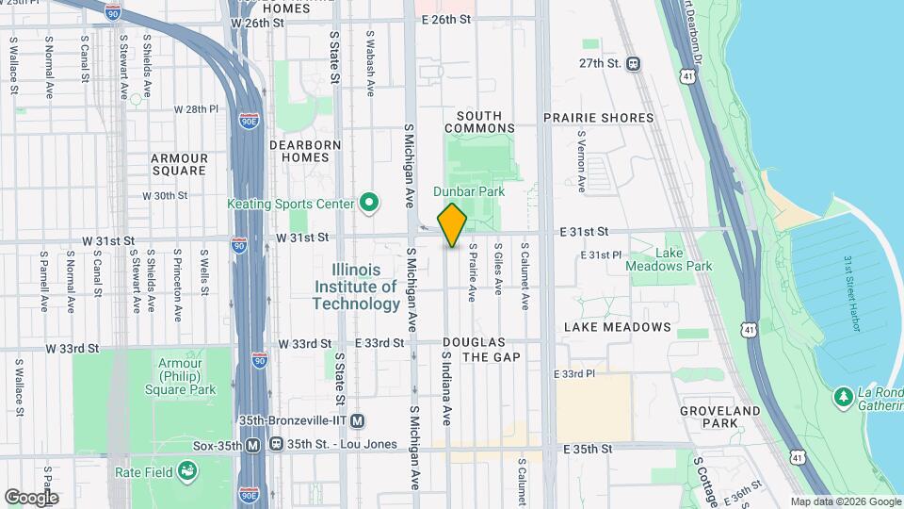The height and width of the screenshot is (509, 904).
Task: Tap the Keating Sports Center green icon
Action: click(369, 203)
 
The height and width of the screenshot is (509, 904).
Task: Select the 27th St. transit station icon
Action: click(633, 64)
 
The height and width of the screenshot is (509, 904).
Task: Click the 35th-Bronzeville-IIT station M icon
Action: click(357, 421)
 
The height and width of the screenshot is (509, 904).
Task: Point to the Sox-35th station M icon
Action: click(252, 445)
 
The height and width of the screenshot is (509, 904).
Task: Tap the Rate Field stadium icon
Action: click(188, 469)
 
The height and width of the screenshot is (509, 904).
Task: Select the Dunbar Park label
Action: click(469, 191)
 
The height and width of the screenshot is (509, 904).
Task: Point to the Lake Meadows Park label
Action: click(670, 260)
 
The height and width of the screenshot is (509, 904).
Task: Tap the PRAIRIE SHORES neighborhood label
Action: click(598, 118)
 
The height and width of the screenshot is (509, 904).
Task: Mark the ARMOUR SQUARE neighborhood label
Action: click(178, 164)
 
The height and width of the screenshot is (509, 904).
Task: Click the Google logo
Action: click(31, 497)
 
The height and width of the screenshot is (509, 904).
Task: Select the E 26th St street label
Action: click(445, 20)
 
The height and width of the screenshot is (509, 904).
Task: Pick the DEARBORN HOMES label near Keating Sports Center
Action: click(299, 151)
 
